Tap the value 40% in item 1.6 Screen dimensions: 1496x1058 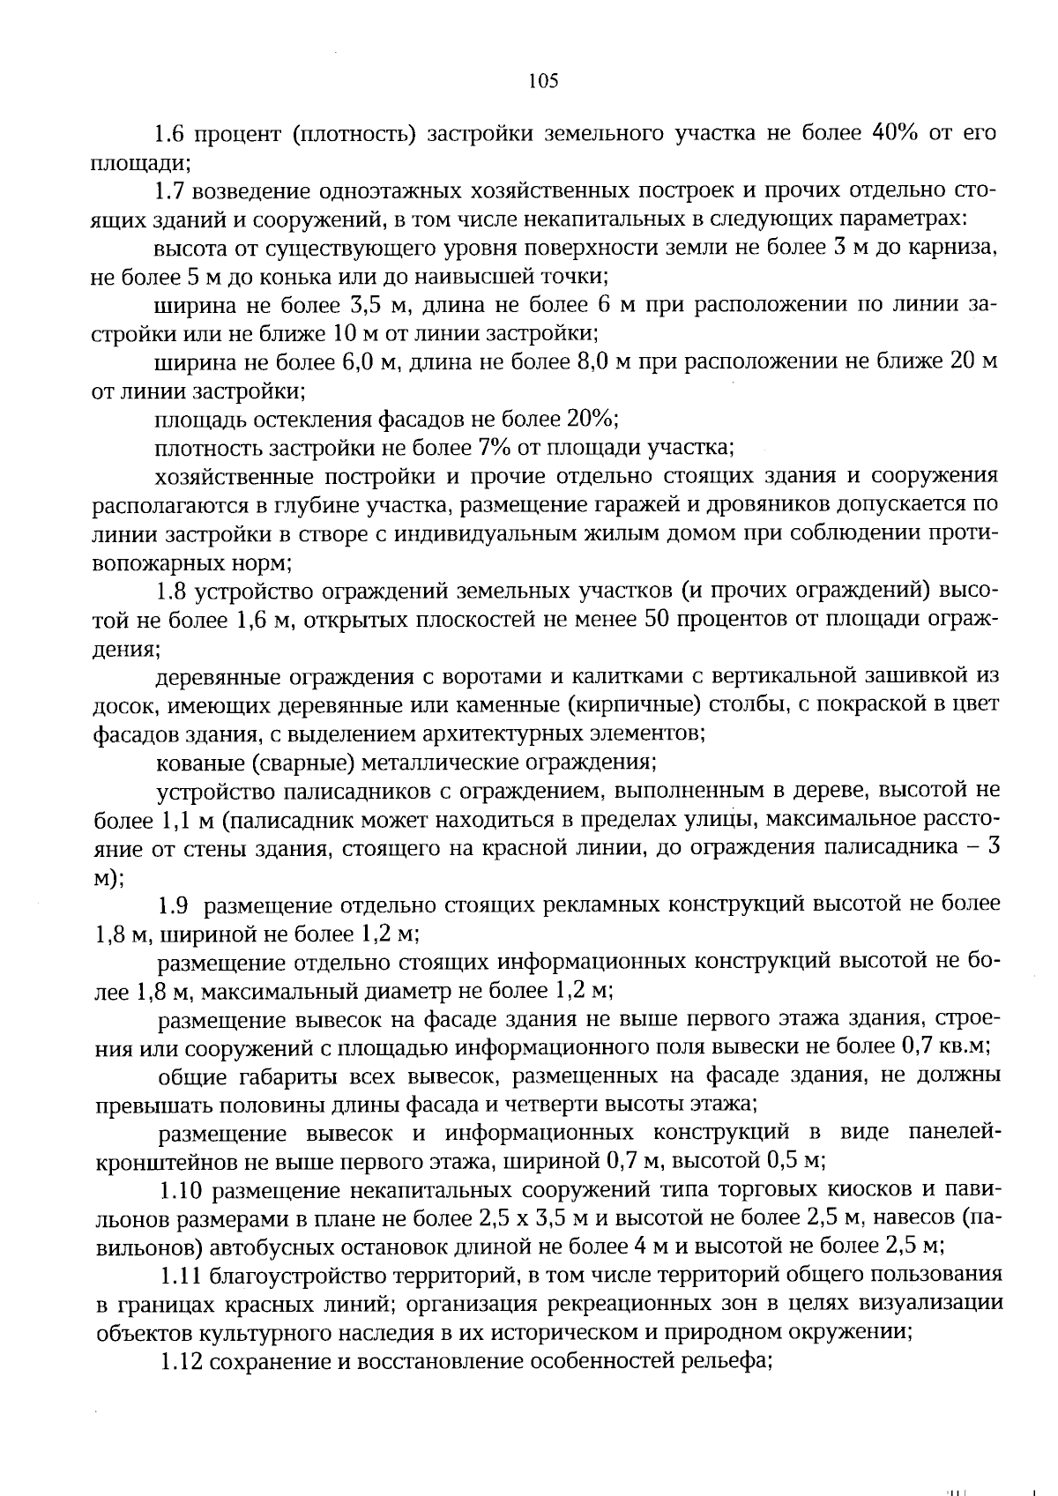[897, 133]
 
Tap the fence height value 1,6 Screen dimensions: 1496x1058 [253, 620]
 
